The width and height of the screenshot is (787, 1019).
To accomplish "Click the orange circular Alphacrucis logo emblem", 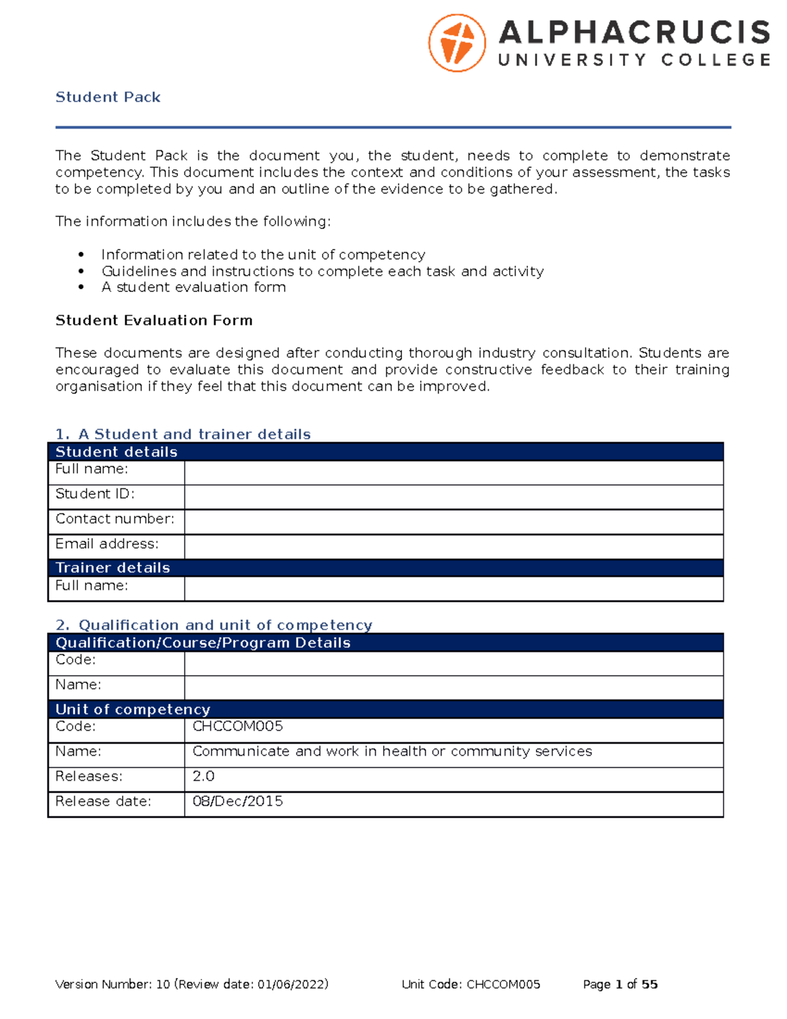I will click(x=457, y=43).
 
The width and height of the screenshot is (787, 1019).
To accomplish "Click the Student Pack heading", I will click(x=108, y=97).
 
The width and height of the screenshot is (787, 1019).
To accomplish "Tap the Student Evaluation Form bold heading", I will click(x=154, y=320).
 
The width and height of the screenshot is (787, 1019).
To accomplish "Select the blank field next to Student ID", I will click(x=453, y=497).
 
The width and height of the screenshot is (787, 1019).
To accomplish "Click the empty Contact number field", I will click(x=453, y=522).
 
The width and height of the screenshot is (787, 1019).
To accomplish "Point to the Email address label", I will click(x=107, y=544).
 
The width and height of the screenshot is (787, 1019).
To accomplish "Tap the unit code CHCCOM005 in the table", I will click(x=237, y=726).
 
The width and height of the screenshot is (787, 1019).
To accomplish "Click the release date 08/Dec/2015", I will click(x=237, y=801).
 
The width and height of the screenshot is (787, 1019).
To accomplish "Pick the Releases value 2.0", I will click(x=203, y=776).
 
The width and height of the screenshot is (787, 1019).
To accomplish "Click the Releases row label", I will click(x=89, y=776).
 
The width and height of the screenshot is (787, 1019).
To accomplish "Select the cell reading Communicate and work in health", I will click(x=392, y=751).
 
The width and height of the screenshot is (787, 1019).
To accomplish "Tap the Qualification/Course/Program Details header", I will click(x=203, y=642).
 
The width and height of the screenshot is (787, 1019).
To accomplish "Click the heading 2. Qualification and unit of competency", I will click(x=214, y=625).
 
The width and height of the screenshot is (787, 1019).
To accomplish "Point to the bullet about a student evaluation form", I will click(x=193, y=287).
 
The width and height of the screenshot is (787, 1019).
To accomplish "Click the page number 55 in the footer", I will click(x=649, y=984).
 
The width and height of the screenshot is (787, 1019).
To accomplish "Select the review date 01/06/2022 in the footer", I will click(x=291, y=984).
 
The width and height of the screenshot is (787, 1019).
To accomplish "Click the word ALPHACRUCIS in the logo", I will click(x=634, y=33).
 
